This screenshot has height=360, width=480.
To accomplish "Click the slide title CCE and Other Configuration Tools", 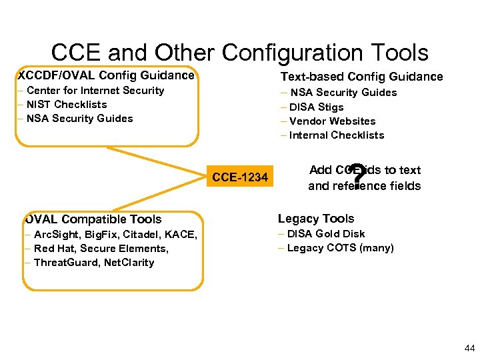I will tap(240, 52).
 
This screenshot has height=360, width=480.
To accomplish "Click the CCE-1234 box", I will tap(240, 177).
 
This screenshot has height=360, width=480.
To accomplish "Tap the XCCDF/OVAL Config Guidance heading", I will tap(107, 75).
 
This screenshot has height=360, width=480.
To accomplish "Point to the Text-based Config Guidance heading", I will tap(361, 77).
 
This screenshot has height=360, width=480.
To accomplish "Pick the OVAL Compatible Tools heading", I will tap(93, 219).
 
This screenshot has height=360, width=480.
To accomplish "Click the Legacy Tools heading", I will tap(316, 219).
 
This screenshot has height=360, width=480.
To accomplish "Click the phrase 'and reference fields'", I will tap(364, 186).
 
